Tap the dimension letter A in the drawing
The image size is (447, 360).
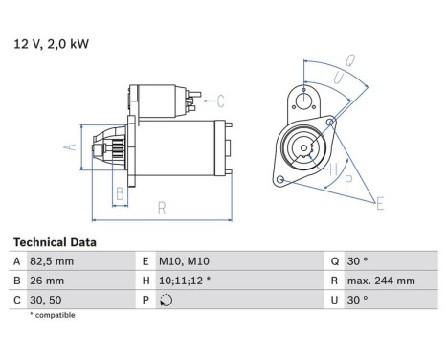(x=68, y=147)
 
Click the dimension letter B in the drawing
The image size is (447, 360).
(x=120, y=194)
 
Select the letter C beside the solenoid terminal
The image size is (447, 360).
(x=220, y=100)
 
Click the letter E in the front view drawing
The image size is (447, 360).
(x=380, y=202)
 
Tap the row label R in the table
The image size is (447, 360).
(x=332, y=281)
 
